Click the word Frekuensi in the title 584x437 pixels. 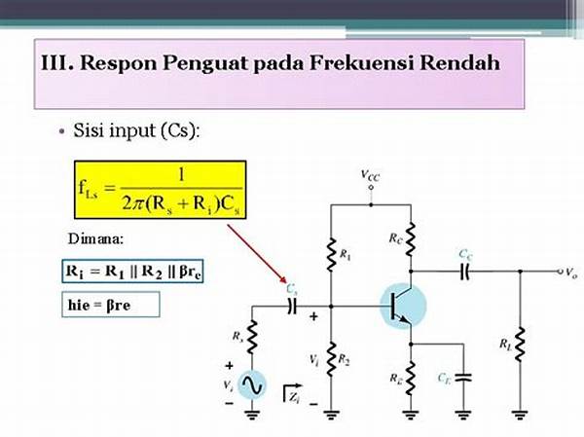click(x=360, y=62)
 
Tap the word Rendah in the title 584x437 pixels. click(x=459, y=62)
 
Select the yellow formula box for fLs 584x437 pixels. click(x=161, y=190)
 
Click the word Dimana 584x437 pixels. click(x=95, y=238)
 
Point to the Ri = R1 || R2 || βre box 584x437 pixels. click(x=132, y=272)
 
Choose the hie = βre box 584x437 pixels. click(x=111, y=305)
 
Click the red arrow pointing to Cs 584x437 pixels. click(x=257, y=253)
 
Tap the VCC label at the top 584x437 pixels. click(x=370, y=175)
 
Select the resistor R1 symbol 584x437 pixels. click(x=331, y=254)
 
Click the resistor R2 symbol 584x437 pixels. click(x=331, y=359)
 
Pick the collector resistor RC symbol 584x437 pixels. click(x=411, y=239)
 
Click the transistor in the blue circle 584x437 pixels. click(x=403, y=306)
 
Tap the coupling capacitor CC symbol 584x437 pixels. click(x=465, y=272)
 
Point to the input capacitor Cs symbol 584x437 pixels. click(x=292, y=307)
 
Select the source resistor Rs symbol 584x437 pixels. click(x=252, y=337)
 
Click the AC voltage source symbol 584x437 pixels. click(x=252, y=384)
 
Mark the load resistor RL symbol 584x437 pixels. click(x=521, y=344)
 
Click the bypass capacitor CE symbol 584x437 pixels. click(x=463, y=377)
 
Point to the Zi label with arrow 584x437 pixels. click(x=293, y=393)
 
